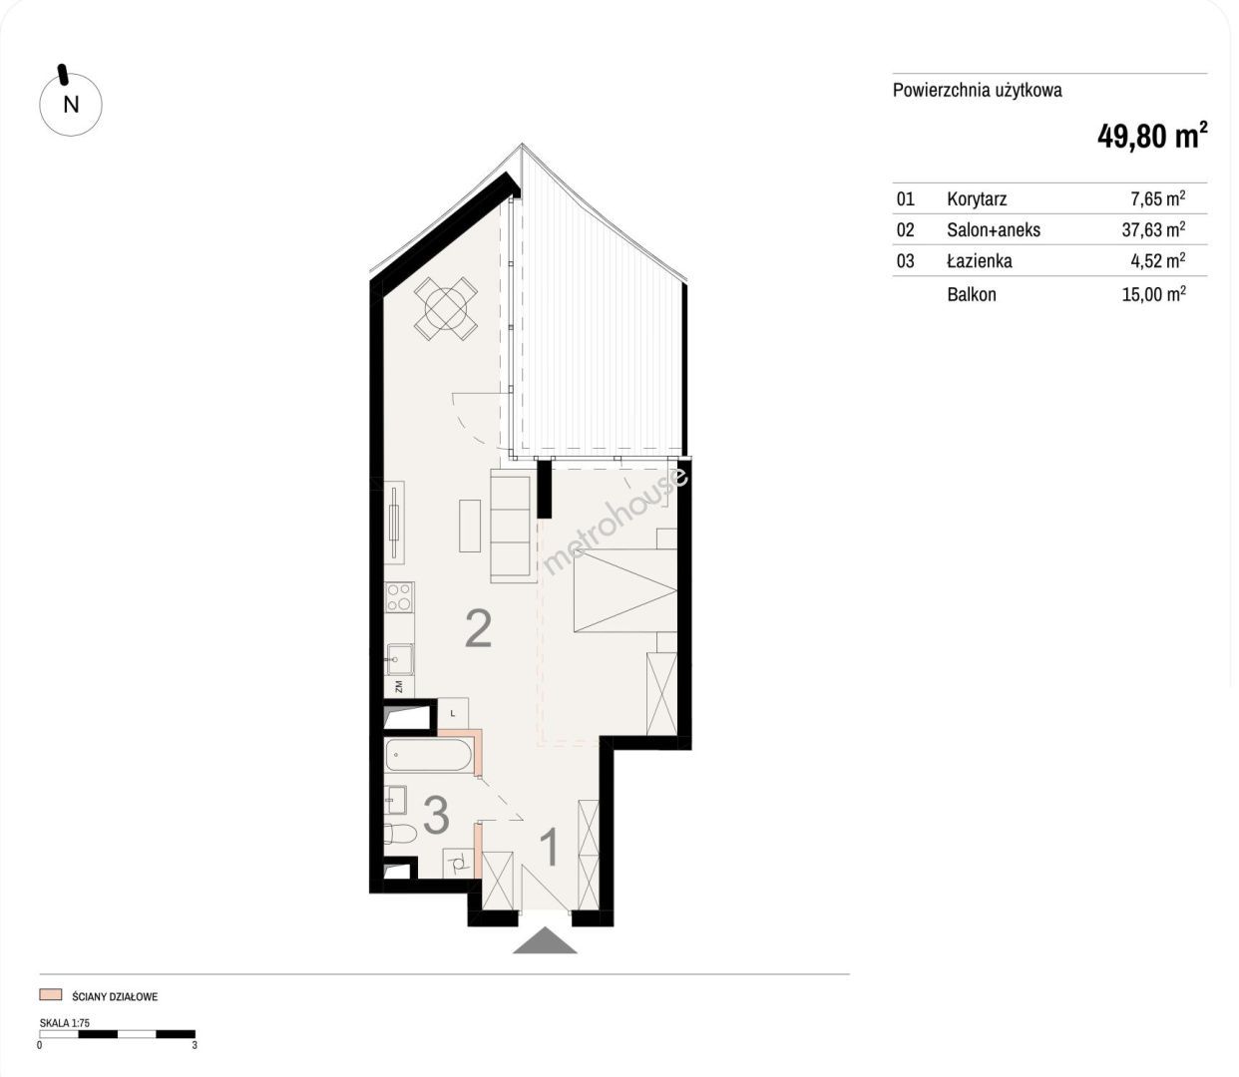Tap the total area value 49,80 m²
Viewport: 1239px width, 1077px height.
[1152, 135]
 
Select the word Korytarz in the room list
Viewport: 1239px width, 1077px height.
[977, 199]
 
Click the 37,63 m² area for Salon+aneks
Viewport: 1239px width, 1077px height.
[1153, 229]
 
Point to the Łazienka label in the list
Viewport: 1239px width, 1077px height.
[979, 261]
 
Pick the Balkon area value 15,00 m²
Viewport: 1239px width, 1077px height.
[1153, 294]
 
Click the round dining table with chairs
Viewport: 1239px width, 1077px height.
[446, 308]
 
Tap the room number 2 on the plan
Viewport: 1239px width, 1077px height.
[478, 629]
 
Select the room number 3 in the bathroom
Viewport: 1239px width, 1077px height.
[436, 815]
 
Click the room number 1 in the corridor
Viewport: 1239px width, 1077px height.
[550, 848]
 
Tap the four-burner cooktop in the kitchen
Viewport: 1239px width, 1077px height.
[400, 596]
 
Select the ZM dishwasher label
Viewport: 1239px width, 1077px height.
[398, 686]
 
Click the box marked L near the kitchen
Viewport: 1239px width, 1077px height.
[453, 714]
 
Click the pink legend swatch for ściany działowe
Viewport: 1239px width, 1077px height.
[50, 994]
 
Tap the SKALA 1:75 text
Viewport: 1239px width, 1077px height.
[64, 1023]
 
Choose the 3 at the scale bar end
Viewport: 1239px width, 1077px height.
[195, 1045]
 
